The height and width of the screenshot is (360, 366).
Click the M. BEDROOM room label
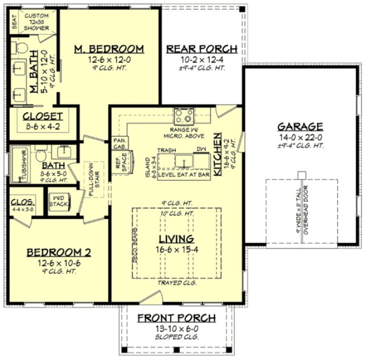pyautogui.click(x=109, y=49)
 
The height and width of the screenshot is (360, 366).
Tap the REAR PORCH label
pyautogui.click(x=201, y=49)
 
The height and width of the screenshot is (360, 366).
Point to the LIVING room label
pyautogui.click(x=176, y=239)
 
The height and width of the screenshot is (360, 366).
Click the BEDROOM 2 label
pyautogui.click(x=59, y=252)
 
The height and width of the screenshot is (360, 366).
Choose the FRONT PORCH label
pyautogui.click(x=176, y=318)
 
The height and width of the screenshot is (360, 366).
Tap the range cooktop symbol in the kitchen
pyautogui.click(x=184, y=115)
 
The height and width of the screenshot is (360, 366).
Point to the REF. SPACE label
pyautogui.click(x=119, y=164)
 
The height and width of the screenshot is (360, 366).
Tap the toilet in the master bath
pyautogui.click(x=21, y=47)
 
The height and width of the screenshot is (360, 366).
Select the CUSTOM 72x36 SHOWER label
pyautogui.click(x=36, y=22)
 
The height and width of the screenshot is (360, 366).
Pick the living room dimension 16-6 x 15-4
pyautogui.click(x=176, y=249)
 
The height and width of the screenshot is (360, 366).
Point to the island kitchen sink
pyautogui.click(x=184, y=160)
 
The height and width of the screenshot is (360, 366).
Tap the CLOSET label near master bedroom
pyautogui.click(x=43, y=116)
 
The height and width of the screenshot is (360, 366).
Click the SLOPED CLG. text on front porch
pyautogui.click(x=176, y=337)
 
